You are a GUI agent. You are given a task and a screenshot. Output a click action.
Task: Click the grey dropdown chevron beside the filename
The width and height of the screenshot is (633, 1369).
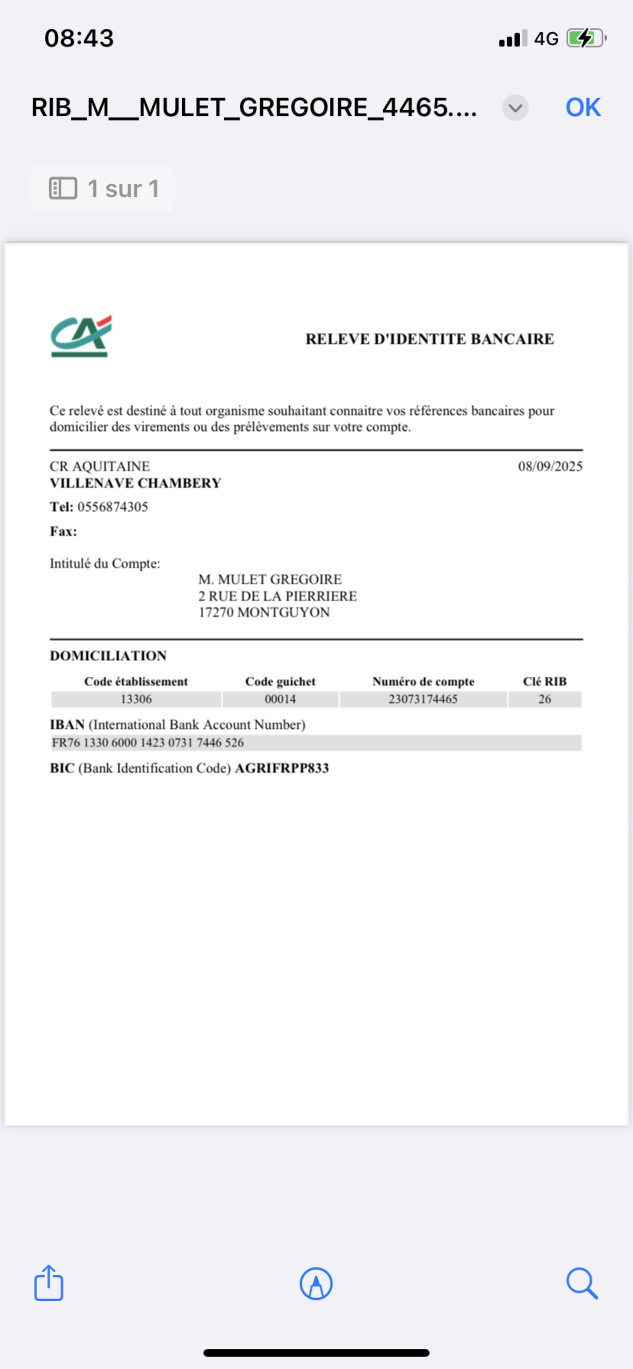pyautogui.click(x=515, y=108)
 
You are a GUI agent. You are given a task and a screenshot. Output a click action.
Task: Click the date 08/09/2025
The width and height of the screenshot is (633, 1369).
pyautogui.click(x=550, y=466)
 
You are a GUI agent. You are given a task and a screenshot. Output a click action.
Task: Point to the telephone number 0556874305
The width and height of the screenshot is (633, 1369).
pyautogui.click(x=113, y=507)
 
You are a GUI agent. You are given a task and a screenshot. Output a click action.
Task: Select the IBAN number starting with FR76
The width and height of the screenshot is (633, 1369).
pyautogui.click(x=148, y=743)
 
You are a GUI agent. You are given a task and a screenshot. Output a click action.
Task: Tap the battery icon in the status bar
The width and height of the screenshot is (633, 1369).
pyautogui.click(x=586, y=38)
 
